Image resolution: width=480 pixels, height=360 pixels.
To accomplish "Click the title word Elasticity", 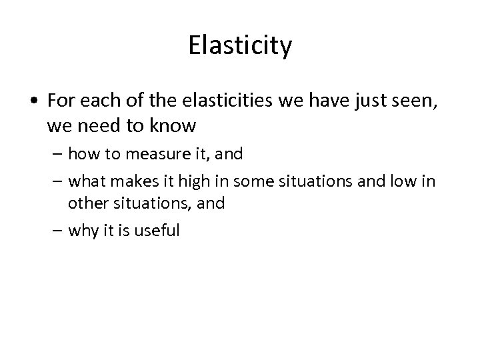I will pos(240,47).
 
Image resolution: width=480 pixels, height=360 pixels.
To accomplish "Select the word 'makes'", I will pos(132,181).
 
